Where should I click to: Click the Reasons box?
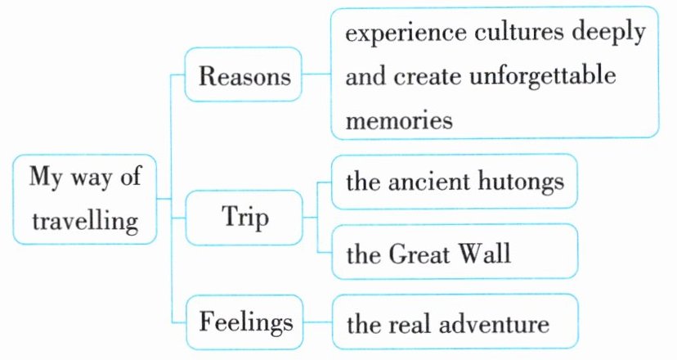(244, 77)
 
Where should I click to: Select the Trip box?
(244, 218)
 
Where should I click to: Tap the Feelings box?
(244, 322)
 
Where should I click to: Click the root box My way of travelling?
(85, 199)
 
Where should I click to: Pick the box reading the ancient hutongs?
(454, 182)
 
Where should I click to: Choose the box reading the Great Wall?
(454, 253)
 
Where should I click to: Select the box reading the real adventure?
(454, 323)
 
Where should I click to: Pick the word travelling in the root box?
(85, 220)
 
